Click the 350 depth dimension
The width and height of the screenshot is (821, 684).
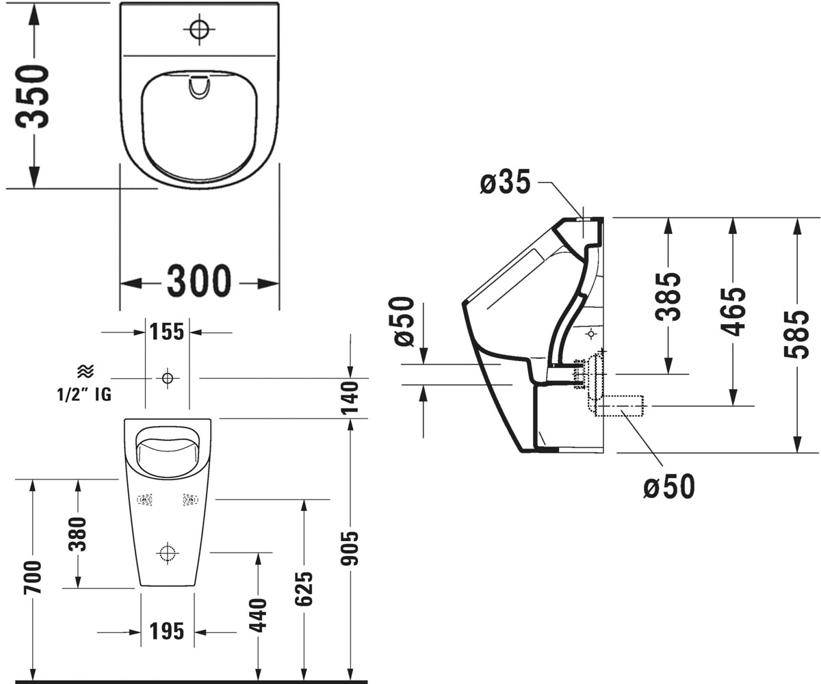click(32, 96)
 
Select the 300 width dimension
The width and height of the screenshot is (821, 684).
click(199, 280)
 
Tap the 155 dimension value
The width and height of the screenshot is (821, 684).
click(167, 331)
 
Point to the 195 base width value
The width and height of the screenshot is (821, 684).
click(167, 631)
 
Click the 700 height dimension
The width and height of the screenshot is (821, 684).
click(32, 577)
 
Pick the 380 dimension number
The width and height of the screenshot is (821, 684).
click(77, 534)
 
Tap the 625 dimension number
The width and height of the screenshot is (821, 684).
click(304, 589)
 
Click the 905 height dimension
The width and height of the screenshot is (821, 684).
click(350, 549)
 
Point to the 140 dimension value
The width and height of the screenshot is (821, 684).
click(350, 398)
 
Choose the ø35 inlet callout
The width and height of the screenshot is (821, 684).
click(506, 182)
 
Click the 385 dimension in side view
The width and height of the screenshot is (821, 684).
click(668, 296)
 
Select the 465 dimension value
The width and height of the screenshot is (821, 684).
click(733, 312)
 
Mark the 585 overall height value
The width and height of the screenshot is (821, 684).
click(796, 334)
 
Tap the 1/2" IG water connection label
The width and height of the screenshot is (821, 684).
click(84, 394)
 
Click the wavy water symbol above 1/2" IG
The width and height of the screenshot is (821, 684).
click(86, 371)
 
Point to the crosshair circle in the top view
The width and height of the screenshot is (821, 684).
click(199, 29)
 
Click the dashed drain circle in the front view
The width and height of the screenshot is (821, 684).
click(168, 553)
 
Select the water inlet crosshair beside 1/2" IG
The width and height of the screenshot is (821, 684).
click(168, 378)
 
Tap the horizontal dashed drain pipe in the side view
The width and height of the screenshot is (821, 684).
click(620, 406)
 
